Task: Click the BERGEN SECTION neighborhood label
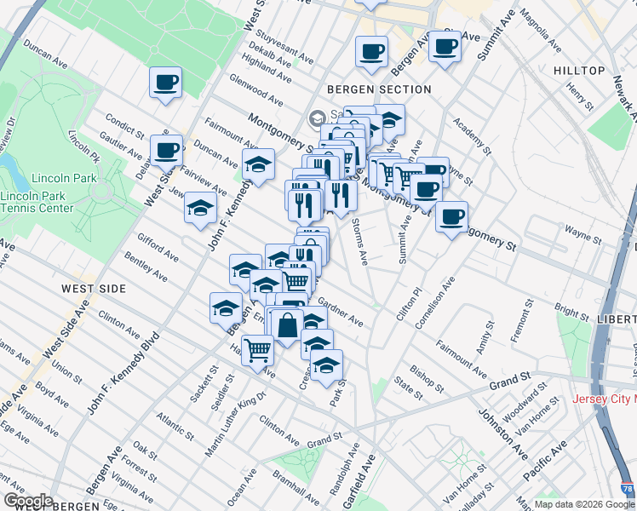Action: tap(378, 89)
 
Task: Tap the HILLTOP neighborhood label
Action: tap(578, 71)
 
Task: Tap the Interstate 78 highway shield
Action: tap(628, 489)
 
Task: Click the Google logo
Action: tap(27, 501)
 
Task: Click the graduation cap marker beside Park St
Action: tap(325, 365)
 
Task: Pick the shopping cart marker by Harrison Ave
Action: tap(258, 347)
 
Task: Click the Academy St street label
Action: tap(473, 136)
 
